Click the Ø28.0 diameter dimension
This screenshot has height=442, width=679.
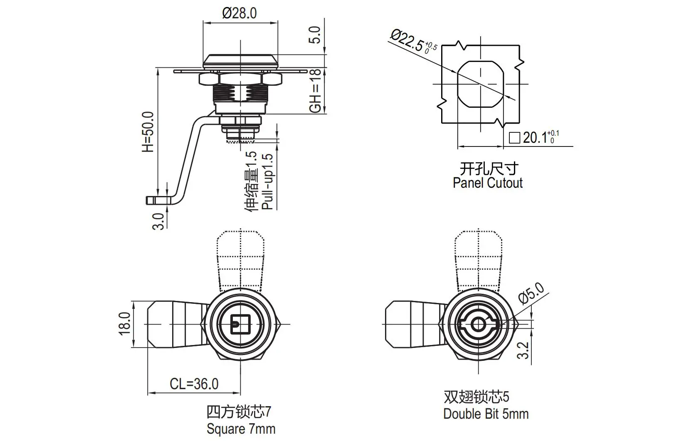[x=240, y=13]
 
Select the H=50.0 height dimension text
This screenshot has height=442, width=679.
[x=148, y=132]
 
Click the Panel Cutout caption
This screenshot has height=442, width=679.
[x=487, y=183]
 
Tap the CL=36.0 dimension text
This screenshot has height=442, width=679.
[x=194, y=384]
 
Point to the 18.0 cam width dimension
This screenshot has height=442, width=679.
[x=125, y=323]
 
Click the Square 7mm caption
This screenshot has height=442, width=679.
[x=241, y=429]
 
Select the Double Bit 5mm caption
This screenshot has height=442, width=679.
[x=486, y=414]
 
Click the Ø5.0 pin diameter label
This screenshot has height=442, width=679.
[x=531, y=293]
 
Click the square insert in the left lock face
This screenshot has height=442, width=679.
[x=240, y=324]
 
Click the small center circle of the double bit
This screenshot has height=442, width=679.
[x=478, y=325]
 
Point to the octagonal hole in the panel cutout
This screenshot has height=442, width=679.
[x=480, y=84]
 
